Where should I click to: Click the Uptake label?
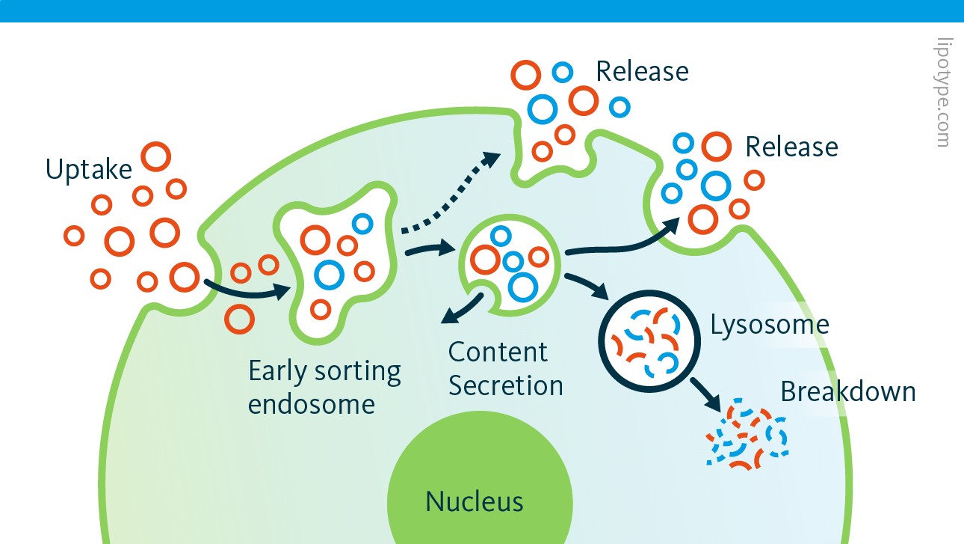click(x=88, y=170)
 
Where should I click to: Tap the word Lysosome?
click(x=769, y=325)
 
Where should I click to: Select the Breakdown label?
click(x=847, y=391)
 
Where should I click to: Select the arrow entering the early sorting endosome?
click(x=247, y=289)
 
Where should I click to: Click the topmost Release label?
click(x=641, y=71)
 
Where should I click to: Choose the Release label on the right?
click(x=791, y=147)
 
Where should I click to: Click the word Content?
click(x=498, y=352)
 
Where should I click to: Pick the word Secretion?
click(x=505, y=386)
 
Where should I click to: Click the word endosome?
click(x=311, y=404)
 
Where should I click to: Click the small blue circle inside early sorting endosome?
click(x=362, y=223)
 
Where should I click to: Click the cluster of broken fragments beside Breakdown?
click(x=747, y=437)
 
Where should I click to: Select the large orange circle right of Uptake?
click(x=156, y=157)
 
